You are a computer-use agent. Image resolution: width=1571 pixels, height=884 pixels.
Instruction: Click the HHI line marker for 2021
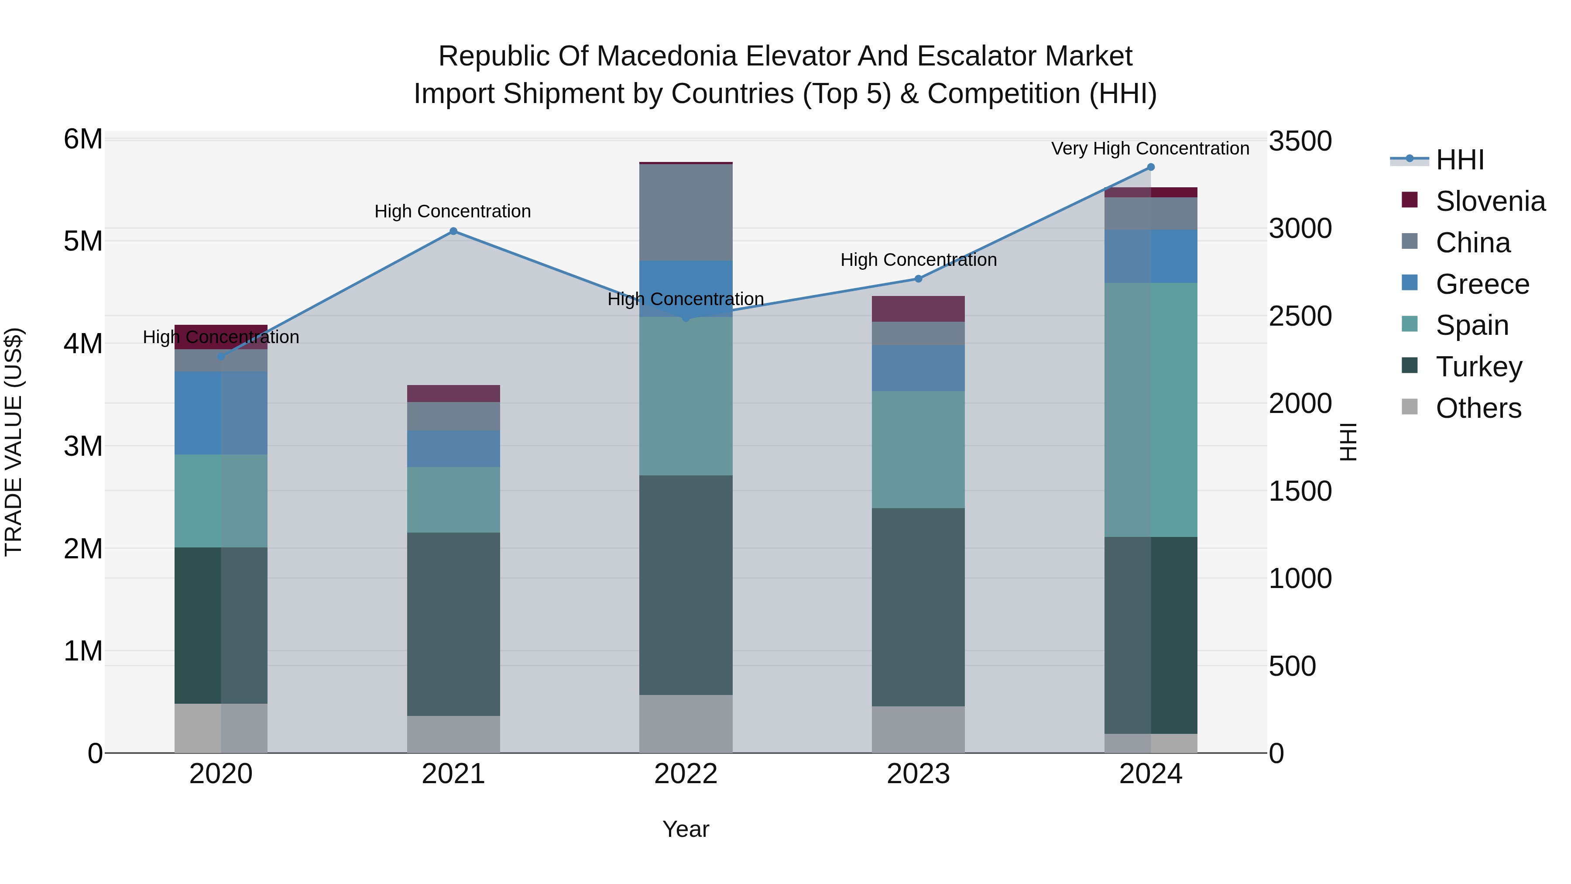(453, 231)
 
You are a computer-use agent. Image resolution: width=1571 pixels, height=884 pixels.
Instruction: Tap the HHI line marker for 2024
(1151, 167)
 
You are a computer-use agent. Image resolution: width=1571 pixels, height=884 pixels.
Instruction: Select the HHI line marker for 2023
(919, 279)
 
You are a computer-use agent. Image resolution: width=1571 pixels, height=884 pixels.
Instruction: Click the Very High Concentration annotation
(1150, 148)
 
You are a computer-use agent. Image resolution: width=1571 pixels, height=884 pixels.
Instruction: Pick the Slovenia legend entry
(1490, 201)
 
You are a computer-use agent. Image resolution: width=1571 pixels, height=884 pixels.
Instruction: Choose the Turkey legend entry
(1479, 367)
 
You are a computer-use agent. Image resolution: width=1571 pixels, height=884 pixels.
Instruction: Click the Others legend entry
(1478, 408)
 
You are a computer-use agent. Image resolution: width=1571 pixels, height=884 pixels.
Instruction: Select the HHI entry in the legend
(1459, 160)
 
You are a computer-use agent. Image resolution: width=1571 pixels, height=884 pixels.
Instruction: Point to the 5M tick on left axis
(83, 241)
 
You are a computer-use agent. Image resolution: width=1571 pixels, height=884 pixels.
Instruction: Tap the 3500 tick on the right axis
(1300, 141)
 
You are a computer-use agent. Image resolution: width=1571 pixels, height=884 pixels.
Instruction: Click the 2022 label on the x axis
(686, 774)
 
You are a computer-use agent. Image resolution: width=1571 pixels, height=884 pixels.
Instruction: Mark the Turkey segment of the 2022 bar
(686, 585)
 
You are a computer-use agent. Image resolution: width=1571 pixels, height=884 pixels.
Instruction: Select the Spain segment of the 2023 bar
(919, 449)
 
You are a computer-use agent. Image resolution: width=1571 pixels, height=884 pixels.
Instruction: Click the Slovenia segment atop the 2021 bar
(453, 393)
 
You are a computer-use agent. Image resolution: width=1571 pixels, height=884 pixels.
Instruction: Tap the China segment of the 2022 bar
(686, 212)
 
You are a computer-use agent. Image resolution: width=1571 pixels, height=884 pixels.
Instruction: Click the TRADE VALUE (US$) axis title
(14, 442)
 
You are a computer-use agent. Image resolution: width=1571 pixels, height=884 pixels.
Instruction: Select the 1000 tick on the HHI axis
(1300, 578)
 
